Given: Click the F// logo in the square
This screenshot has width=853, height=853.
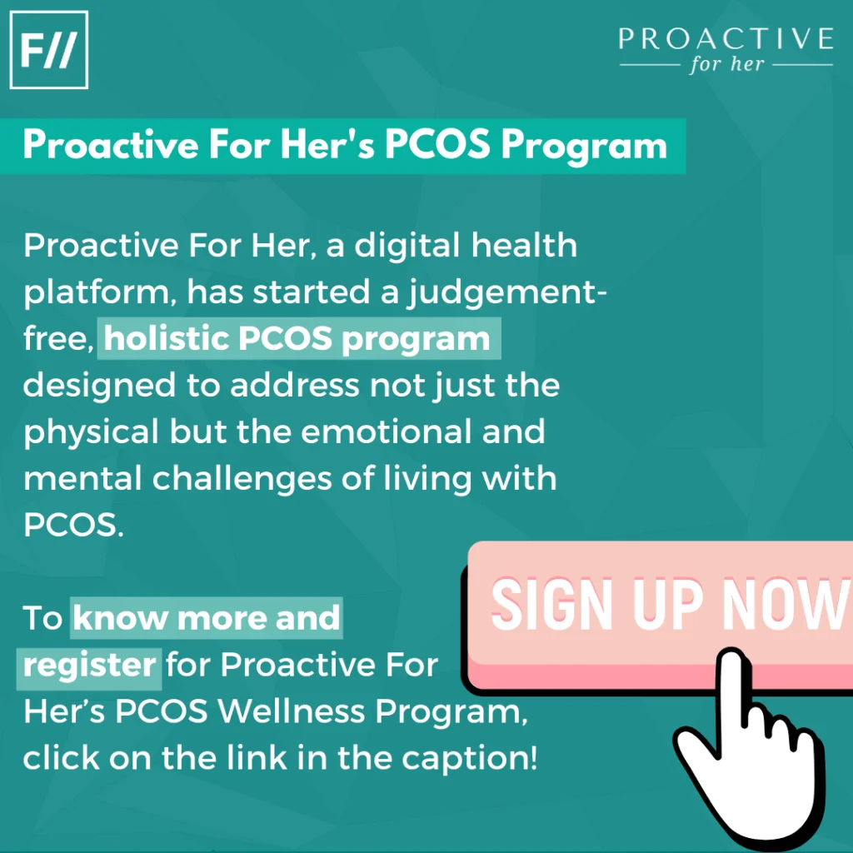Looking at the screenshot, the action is (49, 49).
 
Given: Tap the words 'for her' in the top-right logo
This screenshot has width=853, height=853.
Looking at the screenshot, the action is (726, 63).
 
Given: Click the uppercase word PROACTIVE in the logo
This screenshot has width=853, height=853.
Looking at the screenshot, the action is (726, 38).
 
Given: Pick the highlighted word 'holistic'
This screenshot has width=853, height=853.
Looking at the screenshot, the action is (167, 338).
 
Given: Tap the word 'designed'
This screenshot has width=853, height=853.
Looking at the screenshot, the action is (100, 386).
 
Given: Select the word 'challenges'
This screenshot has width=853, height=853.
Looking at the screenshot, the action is (242, 479).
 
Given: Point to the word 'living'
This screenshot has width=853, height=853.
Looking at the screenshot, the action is (427, 479).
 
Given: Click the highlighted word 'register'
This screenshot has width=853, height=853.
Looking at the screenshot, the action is (89, 666).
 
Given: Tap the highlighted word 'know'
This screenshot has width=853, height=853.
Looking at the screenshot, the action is (121, 618).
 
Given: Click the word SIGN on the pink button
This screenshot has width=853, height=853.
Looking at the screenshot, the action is (552, 604).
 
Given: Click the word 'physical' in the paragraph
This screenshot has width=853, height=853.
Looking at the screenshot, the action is (91, 432).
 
